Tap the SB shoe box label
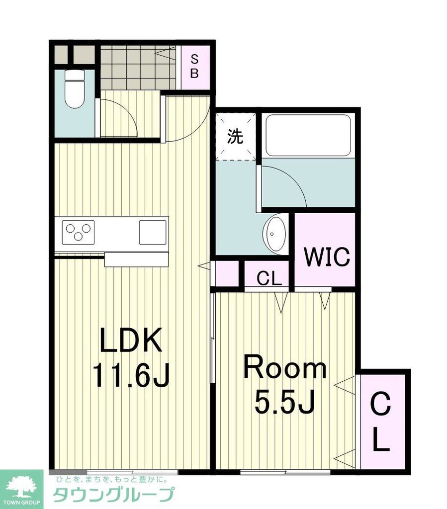point(194,67)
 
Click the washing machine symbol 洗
point(235,136)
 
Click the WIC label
point(327,257)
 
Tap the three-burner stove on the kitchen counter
point(78,233)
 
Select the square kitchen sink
point(153,233)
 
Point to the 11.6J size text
point(131,375)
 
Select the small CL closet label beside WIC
point(269,278)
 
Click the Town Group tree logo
point(22,488)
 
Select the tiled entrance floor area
point(138,67)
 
